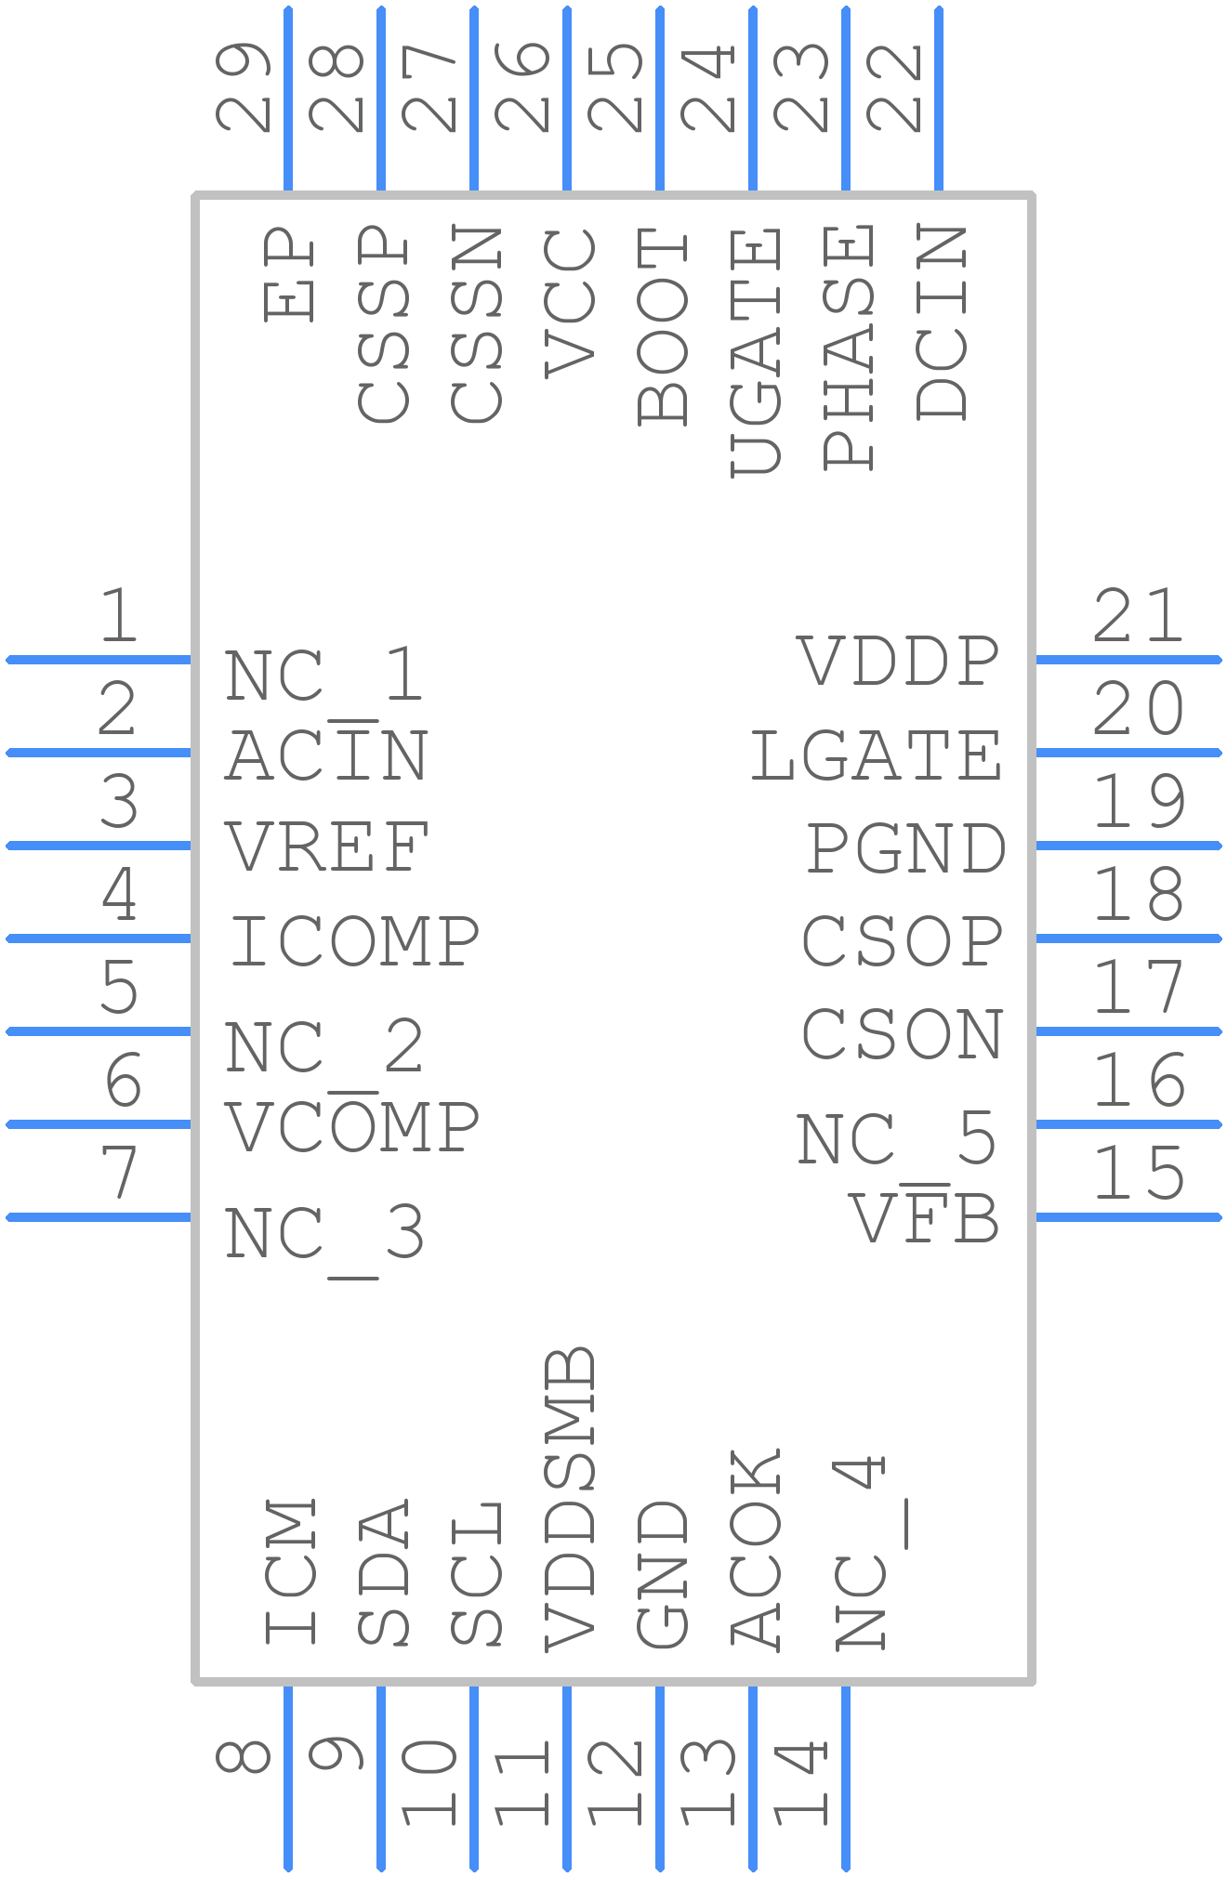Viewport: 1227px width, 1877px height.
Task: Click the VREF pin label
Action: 327,847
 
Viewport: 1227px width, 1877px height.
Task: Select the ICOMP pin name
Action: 355,940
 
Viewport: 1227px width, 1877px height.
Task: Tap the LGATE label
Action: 877,755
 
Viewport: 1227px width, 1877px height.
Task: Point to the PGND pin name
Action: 905,848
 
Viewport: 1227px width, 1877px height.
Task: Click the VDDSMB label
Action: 569,1498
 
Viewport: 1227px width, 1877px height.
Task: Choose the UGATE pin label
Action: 755,352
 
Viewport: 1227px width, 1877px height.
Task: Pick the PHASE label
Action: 848,347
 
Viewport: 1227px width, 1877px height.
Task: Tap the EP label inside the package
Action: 288,275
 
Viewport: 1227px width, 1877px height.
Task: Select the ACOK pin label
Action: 755,1549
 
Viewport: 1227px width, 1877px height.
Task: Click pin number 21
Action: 1138,615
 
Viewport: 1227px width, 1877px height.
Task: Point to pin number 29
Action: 243,86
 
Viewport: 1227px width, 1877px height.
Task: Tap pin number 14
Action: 800,1783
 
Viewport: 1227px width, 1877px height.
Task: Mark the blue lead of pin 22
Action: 939,98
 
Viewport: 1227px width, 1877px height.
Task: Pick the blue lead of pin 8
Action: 288,1778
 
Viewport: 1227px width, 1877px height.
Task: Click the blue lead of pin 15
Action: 1128,1217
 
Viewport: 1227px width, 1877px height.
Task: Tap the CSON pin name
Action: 903,1033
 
